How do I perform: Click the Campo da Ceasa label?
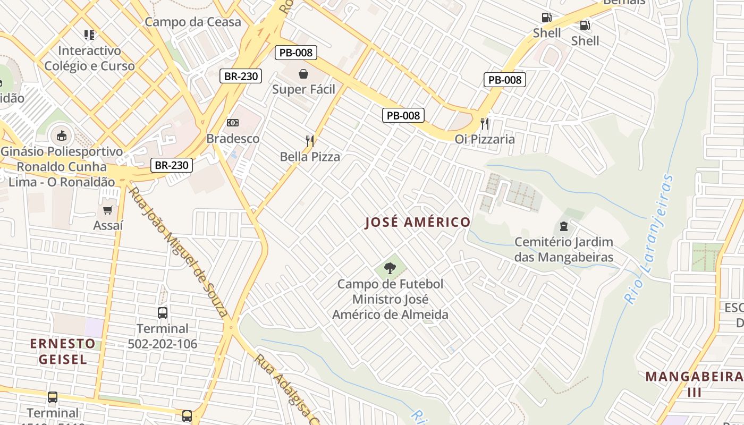pos(192,22)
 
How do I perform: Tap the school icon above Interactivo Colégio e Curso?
pos(89,35)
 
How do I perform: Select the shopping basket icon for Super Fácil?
pos(303,74)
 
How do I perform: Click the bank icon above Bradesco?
pos(232,123)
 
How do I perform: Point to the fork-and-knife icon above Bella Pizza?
pos(310,141)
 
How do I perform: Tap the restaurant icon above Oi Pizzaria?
pos(484,123)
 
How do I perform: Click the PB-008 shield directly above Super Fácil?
pos(296,53)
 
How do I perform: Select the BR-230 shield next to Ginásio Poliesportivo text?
pos(171,165)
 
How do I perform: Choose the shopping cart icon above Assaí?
pos(108,210)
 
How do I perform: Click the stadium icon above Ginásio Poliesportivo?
pos(62,135)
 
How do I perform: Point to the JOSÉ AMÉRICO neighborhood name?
pos(418,222)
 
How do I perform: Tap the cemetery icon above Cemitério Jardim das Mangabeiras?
pos(564,226)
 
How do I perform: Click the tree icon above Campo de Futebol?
pos(390,268)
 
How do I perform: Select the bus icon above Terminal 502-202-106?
pos(163,312)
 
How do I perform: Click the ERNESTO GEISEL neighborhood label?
pos(63,351)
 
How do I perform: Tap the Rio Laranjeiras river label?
pos(649,239)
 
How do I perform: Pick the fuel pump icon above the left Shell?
pos(546,18)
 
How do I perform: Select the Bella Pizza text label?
pos(310,157)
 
